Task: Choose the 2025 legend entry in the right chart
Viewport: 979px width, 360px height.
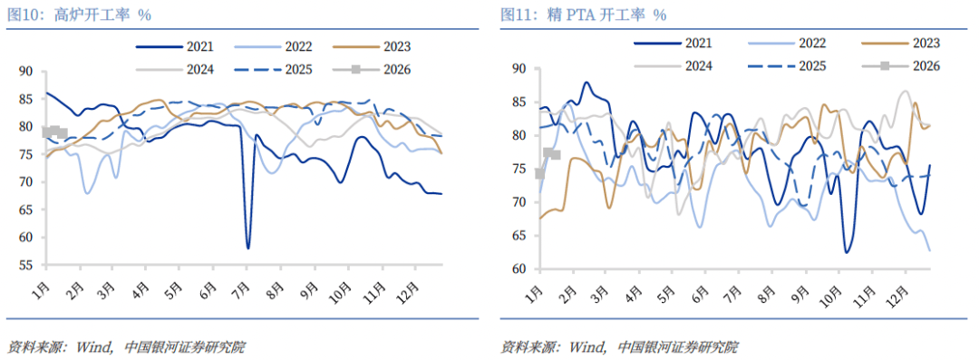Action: click(797, 65)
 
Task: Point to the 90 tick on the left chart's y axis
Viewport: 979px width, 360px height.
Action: click(25, 72)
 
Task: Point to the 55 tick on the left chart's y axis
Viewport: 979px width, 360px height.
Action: click(25, 266)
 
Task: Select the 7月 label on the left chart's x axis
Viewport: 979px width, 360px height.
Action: click(243, 284)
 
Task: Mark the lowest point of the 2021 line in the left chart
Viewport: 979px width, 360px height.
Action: click(247, 248)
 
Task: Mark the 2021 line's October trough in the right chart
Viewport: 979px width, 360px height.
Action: click(847, 252)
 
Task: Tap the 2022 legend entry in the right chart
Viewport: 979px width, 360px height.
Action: click(797, 42)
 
